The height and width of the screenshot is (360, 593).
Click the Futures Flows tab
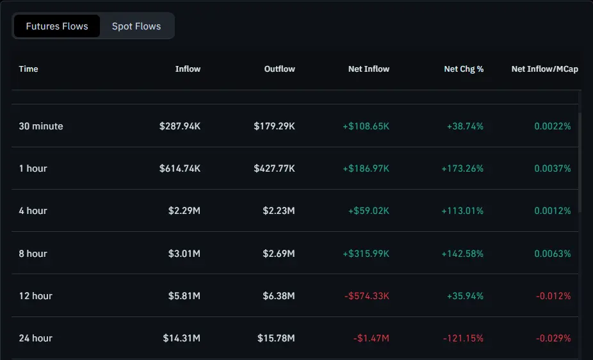pos(57,26)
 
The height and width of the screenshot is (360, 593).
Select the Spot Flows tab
pos(136,26)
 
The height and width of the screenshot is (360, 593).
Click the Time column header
pos(29,69)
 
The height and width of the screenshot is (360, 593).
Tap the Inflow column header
pos(188,69)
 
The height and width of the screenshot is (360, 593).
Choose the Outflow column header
pos(279,69)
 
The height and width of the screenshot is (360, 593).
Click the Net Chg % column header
pos(464,69)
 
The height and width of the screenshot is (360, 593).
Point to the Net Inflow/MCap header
pos(544,69)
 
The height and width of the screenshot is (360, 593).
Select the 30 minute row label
pos(41,126)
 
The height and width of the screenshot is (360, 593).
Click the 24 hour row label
pos(36,338)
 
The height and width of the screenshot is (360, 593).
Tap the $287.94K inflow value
pos(180,126)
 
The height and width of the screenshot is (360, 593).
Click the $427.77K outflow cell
pos(274,168)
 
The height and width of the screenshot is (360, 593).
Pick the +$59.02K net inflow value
pos(368,211)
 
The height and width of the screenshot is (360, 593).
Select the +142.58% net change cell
pos(462,254)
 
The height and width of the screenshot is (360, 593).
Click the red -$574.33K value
pos(367,296)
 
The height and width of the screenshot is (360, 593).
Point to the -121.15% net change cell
pos(464,338)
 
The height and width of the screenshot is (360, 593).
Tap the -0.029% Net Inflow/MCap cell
pos(554,338)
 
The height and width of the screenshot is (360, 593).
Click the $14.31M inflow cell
pos(182,338)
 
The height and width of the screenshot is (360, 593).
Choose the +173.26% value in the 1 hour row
pos(462,168)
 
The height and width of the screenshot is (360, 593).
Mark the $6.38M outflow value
pos(279,296)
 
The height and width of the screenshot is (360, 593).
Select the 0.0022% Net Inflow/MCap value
pos(552,126)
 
